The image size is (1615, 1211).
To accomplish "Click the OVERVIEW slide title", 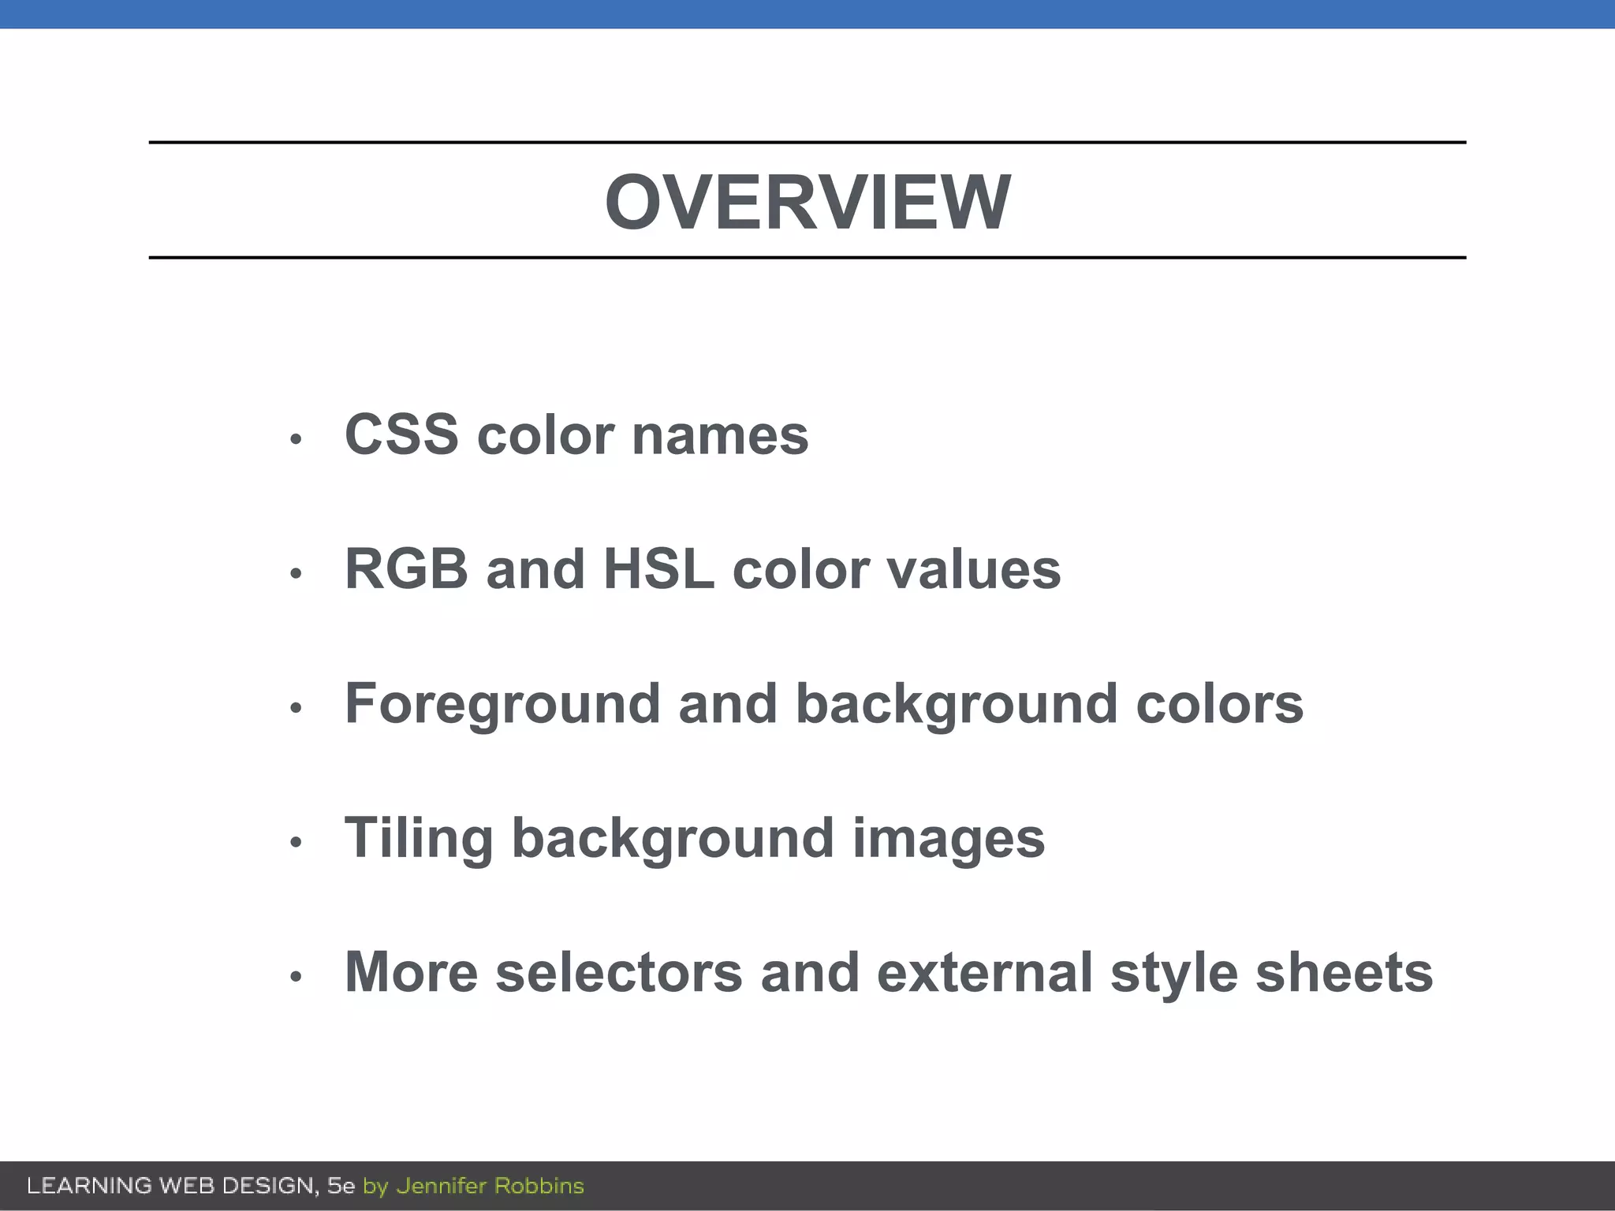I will point(807,203).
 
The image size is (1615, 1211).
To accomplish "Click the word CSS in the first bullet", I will point(401,434).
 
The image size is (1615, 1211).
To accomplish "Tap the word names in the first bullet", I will point(720,436).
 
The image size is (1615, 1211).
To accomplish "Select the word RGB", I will point(406,569).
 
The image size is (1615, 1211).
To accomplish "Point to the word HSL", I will point(658,569).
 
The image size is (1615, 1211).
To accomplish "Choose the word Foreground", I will point(502,704).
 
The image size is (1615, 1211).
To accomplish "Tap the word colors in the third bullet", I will point(1219,704).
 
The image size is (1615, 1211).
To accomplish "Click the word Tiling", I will point(419,839).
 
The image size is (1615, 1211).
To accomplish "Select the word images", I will point(949,839).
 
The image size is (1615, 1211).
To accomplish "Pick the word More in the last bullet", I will point(411,973).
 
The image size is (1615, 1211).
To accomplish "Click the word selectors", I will point(619,973).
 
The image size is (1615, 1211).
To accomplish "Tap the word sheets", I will point(1344,973).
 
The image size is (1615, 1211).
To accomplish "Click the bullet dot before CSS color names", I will point(296,438).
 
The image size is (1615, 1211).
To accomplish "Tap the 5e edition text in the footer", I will point(341,1186).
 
